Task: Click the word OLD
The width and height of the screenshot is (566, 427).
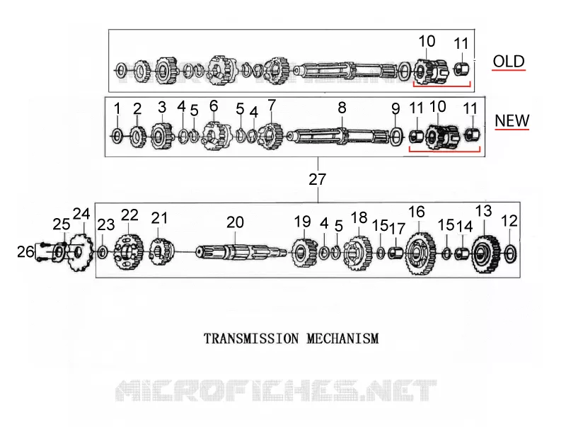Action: pos(509,62)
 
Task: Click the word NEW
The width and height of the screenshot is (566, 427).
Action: pos(512,120)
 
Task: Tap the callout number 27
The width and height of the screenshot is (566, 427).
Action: pos(317,179)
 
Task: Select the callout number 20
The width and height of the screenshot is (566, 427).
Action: pos(235,222)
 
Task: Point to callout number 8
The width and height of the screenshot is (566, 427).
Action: pos(342,108)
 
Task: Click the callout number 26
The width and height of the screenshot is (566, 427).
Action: pos(25,251)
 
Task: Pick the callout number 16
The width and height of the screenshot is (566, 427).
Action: pos(417,212)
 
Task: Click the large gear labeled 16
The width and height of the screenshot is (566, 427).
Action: pos(420,254)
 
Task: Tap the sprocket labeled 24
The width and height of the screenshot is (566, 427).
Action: pos(81,253)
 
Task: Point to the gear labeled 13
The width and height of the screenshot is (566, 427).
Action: pos(486,254)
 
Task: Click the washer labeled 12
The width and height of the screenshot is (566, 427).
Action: pos(509,254)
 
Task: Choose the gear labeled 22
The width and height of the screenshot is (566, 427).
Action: pos(129,251)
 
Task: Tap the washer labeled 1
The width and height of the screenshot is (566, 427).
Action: pos(117,136)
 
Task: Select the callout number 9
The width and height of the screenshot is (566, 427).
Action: pos(395,108)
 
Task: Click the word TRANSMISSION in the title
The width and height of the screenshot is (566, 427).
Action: pos(251,339)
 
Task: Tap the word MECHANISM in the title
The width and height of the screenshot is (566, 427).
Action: pos(343,339)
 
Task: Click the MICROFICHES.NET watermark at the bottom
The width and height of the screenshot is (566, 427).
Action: pos(276,390)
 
